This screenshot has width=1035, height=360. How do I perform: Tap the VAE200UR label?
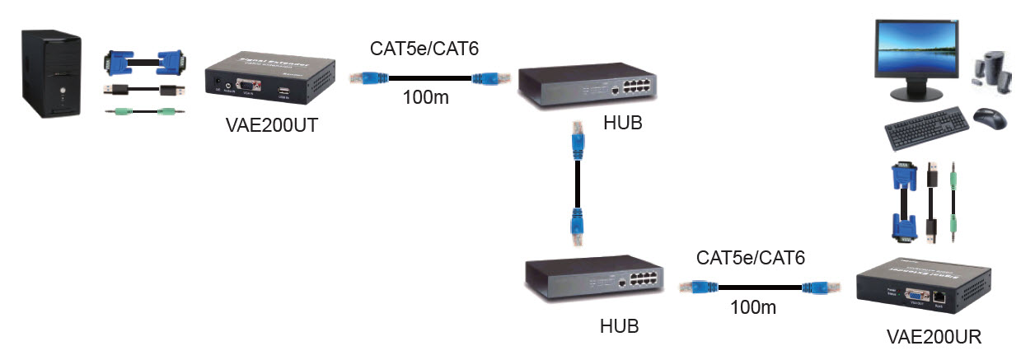pos(934,338)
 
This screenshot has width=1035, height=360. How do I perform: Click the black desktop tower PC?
pos(51,75)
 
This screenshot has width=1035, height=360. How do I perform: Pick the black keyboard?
pos(925,130)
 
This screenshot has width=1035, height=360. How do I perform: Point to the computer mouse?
pos(990,119)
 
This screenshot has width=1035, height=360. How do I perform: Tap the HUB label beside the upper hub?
pos(622,124)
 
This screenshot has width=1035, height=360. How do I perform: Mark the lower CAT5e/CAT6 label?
pos(751,258)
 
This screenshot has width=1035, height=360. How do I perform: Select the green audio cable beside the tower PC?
pos(145,110)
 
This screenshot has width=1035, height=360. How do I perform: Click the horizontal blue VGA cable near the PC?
pos(143,62)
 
